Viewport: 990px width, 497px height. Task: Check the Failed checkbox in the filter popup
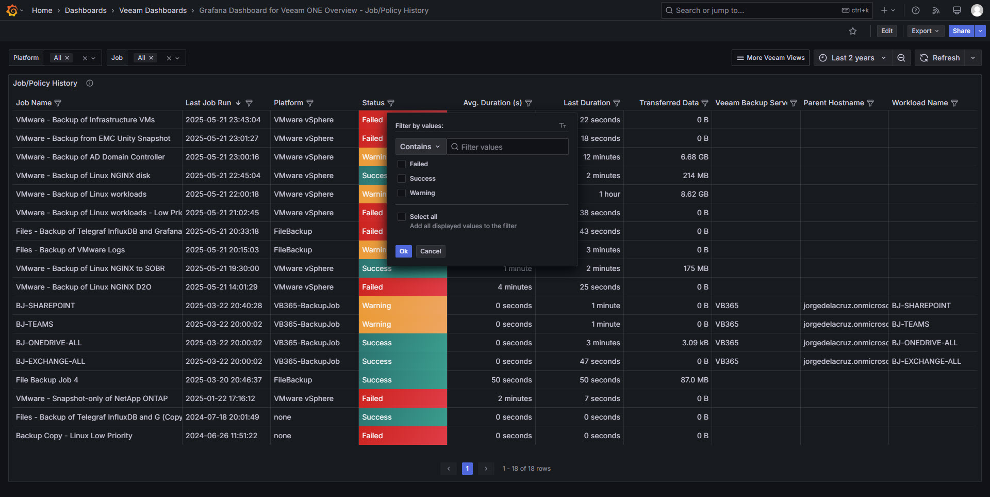click(x=402, y=164)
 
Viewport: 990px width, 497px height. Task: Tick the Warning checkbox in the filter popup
click(x=402, y=193)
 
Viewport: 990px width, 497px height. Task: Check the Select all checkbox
click(x=402, y=217)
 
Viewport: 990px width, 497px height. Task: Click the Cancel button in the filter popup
click(x=431, y=251)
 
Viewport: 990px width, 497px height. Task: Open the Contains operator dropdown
click(x=420, y=147)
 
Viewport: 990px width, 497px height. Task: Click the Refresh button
click(x=940, y=58)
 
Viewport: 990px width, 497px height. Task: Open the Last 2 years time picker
click(x=852, y=58)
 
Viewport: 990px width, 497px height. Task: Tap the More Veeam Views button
click(x=770, y=58)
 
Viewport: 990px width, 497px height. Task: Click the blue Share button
click(x=961, y=31)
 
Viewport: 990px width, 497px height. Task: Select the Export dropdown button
click(x=925, y=31)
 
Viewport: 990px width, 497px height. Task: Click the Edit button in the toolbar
click(x=887, y=31)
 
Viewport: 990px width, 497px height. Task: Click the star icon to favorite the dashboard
click(x=853, y=31)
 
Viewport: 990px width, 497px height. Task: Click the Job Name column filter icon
click(x=58, y=103)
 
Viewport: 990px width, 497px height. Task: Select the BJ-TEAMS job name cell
click(x=35, y=324)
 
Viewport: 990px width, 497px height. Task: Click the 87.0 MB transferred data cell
click(x=694, y=380)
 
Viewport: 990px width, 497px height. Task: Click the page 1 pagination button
click(x=467, y=469)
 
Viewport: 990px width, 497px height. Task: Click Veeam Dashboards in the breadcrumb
click(x=153, y=10)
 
